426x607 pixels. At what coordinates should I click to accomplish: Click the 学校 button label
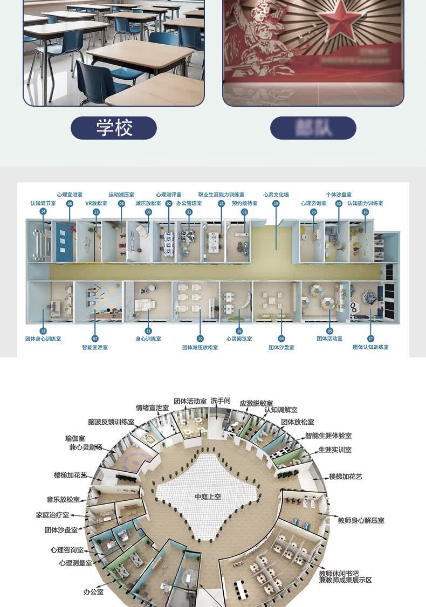coord(114,128)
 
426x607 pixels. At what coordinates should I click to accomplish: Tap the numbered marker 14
coord(43,211)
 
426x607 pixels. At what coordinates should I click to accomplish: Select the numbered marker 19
coord(276,204)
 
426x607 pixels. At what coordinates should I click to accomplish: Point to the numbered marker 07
coord(95,339)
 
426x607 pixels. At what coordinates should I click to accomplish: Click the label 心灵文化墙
coord(276,195)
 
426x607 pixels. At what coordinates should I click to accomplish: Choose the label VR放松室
coord(96,203)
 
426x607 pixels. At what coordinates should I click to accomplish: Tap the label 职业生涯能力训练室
coord(221,195)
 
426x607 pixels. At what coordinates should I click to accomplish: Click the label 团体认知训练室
coord(370,347)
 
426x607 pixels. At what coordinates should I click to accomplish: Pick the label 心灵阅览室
coord(239,339)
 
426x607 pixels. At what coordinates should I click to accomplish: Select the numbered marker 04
coord(281,339)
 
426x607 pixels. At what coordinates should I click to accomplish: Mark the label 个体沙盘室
coord(339,195)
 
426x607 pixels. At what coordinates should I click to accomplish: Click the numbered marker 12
coord(43,331)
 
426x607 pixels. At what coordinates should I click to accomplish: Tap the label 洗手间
coord(221,401)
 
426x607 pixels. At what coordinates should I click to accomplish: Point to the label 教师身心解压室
coord(361,521)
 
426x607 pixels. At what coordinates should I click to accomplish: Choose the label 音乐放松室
coord(64,500)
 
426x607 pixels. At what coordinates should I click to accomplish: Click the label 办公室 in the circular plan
coord(93,591)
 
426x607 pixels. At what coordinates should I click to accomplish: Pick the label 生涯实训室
coord(335,449)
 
